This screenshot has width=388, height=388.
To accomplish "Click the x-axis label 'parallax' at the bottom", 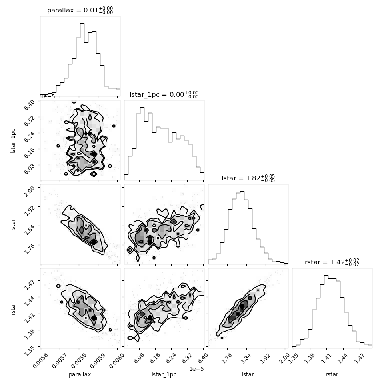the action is pos(80,375).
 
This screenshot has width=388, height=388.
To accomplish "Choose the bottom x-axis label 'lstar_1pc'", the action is pos(164,375).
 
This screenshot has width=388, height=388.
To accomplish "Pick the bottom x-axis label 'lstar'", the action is pos(248,374).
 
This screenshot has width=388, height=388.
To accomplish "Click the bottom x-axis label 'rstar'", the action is pos(332,374).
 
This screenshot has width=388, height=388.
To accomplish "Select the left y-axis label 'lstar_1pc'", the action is pos(13,141).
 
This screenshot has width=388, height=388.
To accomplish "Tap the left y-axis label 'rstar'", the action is pos(13,308).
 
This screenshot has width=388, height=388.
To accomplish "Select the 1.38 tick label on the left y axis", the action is pos(29,334).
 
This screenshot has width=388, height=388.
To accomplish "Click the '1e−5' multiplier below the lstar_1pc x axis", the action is pos(196,369).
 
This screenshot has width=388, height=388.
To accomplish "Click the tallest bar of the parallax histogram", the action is pos(82,59).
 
